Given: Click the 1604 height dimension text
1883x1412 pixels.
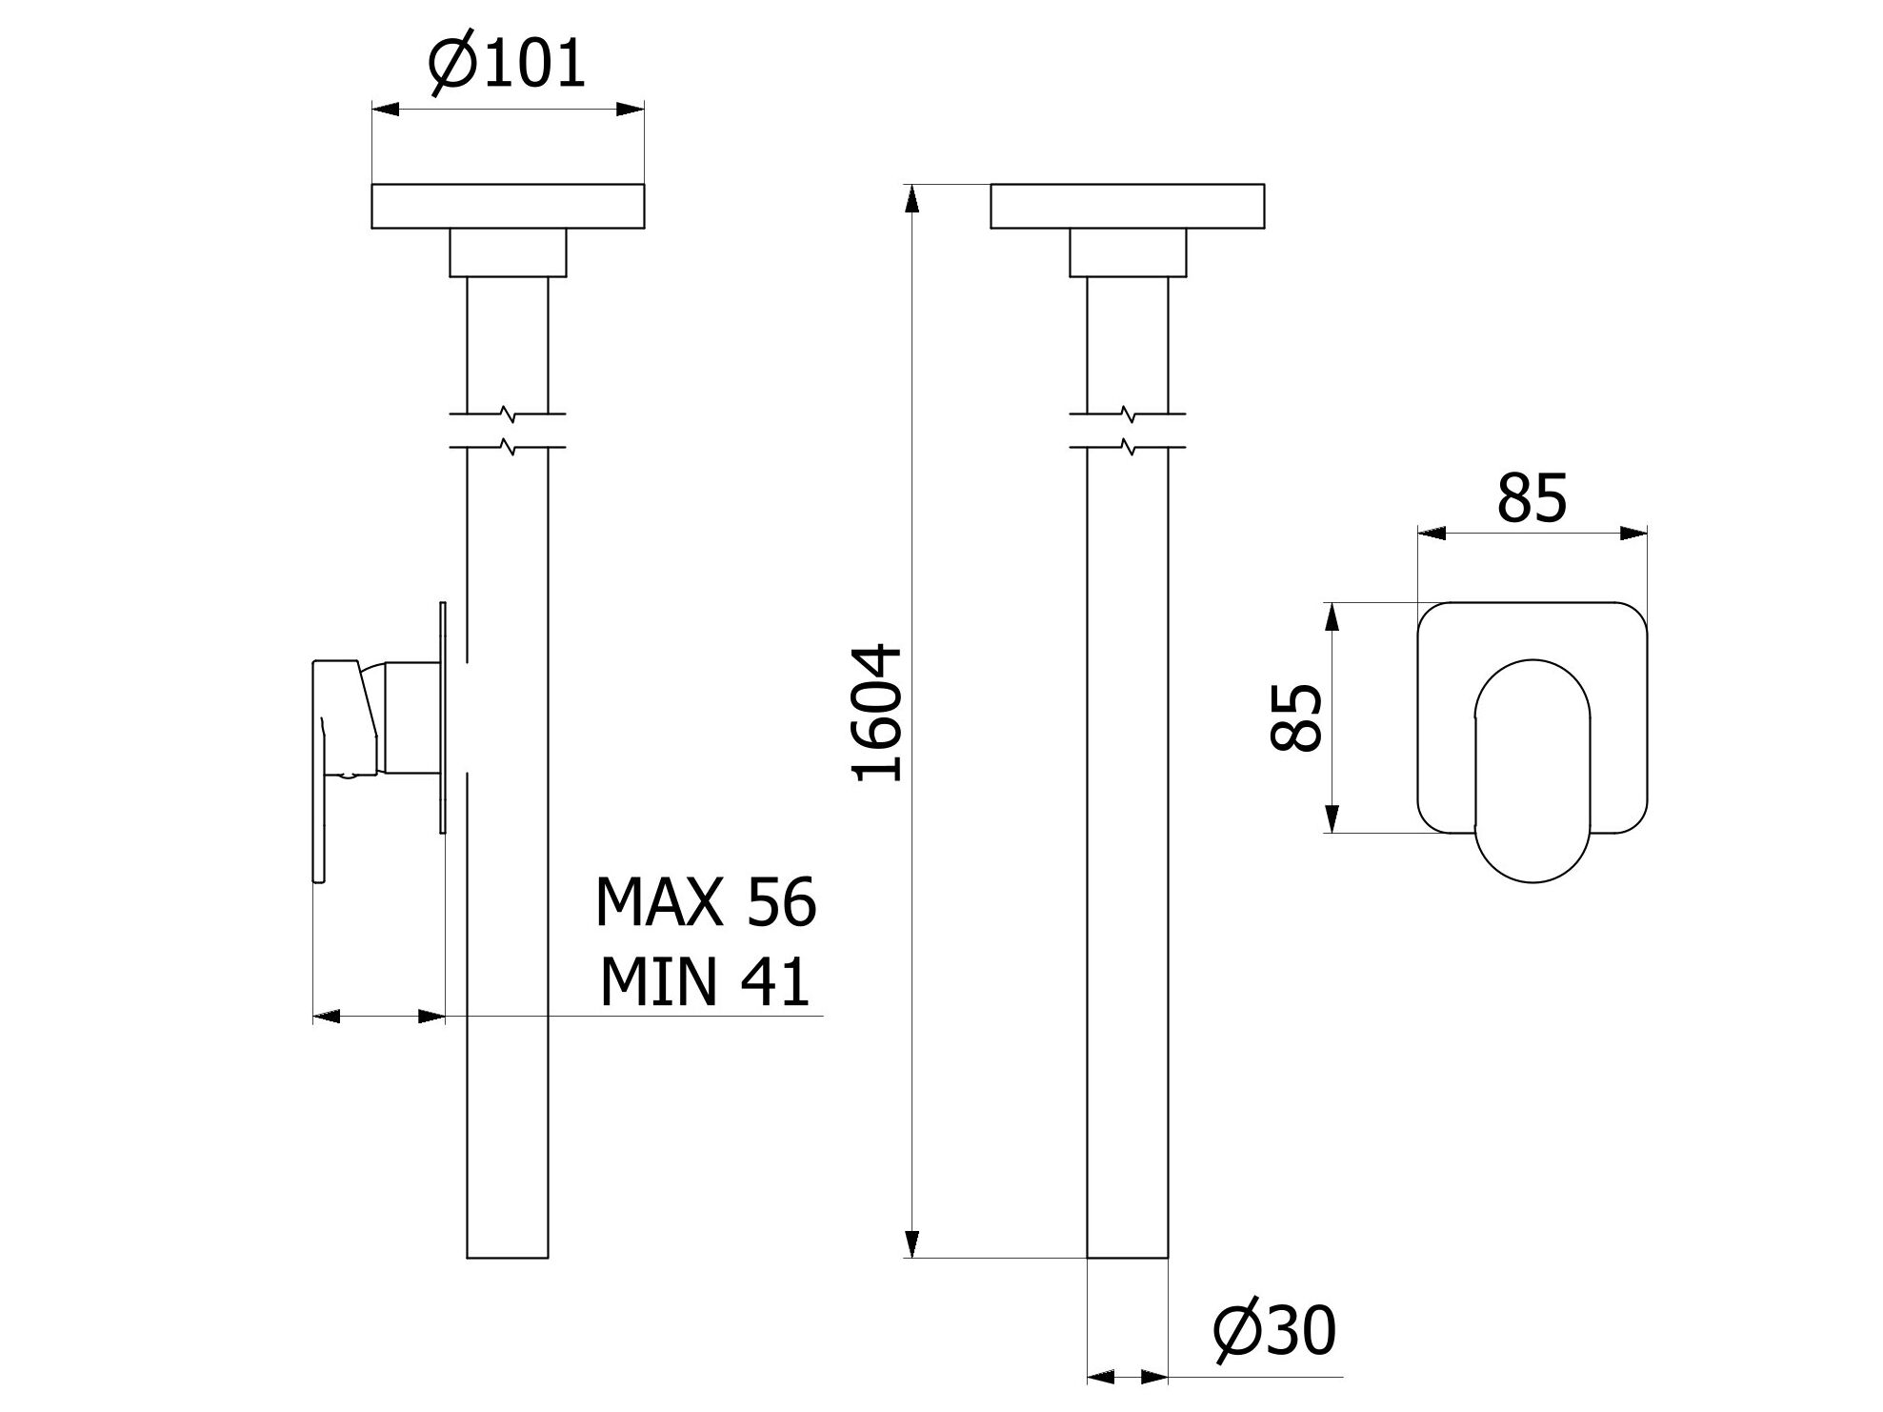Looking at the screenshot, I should (x=877, y=714).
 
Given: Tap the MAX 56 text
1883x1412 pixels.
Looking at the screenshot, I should (x=705, y=902).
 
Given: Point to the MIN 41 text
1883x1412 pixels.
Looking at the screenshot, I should (x=705, y=982).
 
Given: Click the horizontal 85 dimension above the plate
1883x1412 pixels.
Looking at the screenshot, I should (x=1532, y=497).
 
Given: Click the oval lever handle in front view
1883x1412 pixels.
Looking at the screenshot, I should (x=1532, y=770).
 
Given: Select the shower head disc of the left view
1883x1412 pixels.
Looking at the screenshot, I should (x=508, y=206).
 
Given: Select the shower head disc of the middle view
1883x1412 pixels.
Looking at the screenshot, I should (x=1127, y=206).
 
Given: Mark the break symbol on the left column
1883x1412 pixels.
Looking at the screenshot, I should (x=509, y=430).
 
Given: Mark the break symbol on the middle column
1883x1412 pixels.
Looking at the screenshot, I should (x=1128, y=430).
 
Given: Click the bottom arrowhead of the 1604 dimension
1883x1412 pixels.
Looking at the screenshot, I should (x=911, y=1243).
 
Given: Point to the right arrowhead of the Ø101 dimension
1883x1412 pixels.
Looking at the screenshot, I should (x=630, y=109).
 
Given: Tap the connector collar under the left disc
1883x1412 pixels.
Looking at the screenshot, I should (x=508, y=252).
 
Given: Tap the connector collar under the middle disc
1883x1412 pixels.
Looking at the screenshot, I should (x=1128, y=252).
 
